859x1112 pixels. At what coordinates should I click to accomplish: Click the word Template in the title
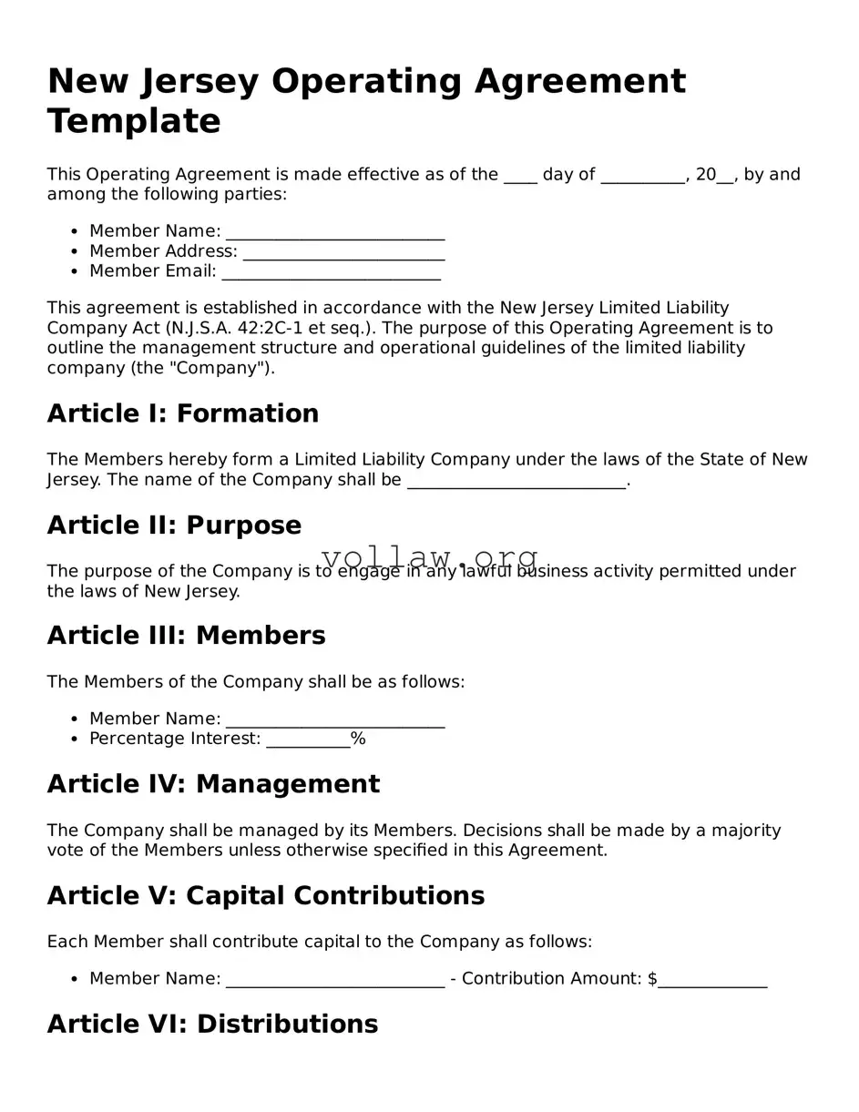coord(134,121)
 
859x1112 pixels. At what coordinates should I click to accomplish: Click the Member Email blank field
coord(331,272)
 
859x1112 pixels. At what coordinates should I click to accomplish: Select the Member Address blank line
coord(343,252)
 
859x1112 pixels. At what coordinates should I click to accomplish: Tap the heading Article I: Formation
coord(182,413)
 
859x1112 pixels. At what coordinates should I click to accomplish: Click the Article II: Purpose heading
coord(174,525)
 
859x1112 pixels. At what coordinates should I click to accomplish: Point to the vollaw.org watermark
coord(430,557)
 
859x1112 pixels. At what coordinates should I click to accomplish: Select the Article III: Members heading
coord(186,636)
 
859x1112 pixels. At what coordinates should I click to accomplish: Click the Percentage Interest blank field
coord(308,740)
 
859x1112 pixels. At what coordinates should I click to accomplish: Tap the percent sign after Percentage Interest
coord(358,739)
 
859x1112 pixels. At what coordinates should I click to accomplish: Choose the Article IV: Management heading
coord(213,784)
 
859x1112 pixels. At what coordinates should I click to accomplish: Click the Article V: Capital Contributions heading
coord(265,896)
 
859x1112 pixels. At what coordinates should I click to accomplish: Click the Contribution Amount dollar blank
coord(712,980)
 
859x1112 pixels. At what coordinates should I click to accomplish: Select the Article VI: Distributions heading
coord(212,1025)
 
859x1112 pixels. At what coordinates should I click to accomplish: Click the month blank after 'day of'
coord(642,176)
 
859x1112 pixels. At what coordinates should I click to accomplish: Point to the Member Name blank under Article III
coord(334,720)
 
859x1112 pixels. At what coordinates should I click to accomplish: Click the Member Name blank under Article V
coord(334,980)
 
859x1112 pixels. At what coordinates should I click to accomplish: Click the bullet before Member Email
coord(74,271)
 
